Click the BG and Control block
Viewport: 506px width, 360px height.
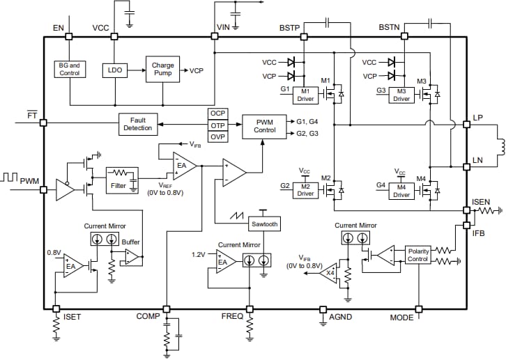[70, 69]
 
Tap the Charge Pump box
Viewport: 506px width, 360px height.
[162, 70]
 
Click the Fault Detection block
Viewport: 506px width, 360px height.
[137, 124]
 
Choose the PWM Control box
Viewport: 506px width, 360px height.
[264, 125]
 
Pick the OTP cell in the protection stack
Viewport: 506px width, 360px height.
[218, 125]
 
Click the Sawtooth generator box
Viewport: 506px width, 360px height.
[263, 224]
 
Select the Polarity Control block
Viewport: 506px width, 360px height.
[418, 255]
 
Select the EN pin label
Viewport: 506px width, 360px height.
[58, 28]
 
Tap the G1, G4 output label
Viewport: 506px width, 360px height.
[307, 121]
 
